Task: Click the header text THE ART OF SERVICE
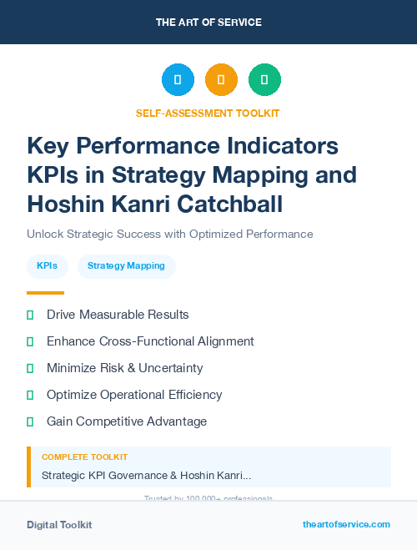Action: click(x=208, y=23)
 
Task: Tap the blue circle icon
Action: click(x=178, y=79)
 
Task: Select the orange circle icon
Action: click(x=221, y=79)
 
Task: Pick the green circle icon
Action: click(x=264, y=79)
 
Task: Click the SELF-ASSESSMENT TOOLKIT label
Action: click(x=208, y=113)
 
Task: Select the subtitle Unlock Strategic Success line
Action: click(x=169, y=234)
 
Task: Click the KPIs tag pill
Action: click(x=47, y=266)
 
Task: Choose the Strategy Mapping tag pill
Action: click(x=126, y=266)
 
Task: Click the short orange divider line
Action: click(x=45, y=293)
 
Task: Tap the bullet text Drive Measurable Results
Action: click(x=118, y=315)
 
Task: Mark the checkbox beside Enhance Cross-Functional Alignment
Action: click(x=30, y=341)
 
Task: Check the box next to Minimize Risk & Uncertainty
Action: click(x=30, y=368)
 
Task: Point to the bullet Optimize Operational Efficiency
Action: click(x=134, y=395)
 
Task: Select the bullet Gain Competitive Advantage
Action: click(x=127, y=421)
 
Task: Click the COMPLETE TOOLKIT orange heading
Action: click(x=84, y=457)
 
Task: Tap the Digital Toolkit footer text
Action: click(x=59, y=525)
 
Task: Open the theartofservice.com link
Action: click(x=346, y=524)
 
